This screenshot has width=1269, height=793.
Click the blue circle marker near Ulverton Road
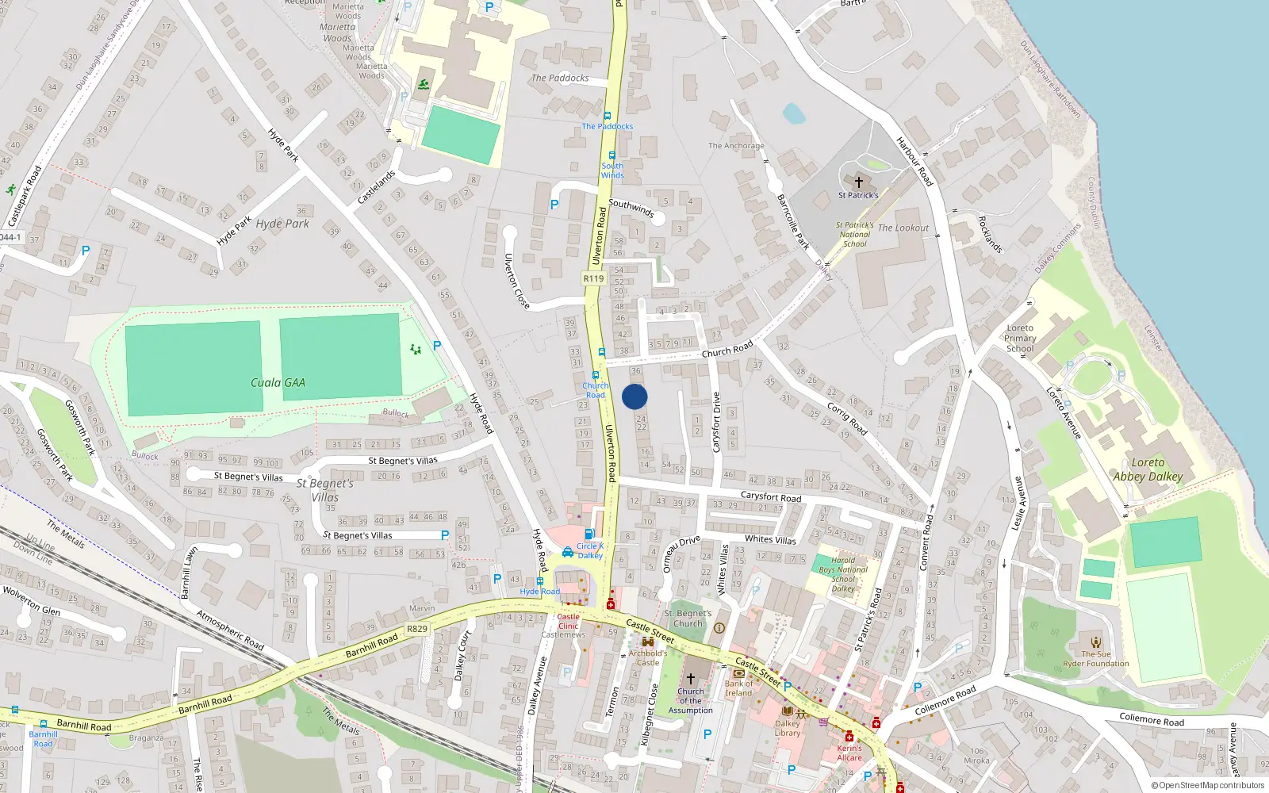click(634, 396)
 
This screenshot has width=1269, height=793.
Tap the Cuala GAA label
click(278, 382)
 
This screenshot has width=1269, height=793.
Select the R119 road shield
click(593, 278)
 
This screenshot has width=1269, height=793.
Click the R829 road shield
click(417, 629)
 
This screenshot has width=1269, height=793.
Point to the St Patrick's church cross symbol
click(858, 182)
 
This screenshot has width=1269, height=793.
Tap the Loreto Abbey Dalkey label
click(1148, 469)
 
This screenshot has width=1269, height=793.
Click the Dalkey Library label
click(788, 728)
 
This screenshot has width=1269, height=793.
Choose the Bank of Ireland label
click(738, 688)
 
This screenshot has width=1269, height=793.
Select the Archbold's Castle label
click(648, 658)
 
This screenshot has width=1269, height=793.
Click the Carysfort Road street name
click(771, 497)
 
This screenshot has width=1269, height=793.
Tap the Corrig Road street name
click(847, 418)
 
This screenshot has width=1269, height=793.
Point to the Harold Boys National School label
click(843, 574)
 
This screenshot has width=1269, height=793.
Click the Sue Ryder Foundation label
click(1096, 659)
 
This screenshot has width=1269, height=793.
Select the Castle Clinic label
click(568, 621)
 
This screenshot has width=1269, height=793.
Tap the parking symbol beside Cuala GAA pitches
click(437, 346)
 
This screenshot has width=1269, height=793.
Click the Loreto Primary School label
click(1020, 338)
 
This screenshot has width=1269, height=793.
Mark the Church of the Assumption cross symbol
click(690, 679)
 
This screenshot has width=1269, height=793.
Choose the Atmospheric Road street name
click(230, 630)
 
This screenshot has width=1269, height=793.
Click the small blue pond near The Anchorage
click(794, 113)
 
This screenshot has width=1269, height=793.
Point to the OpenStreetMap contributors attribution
click(1207, 785)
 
